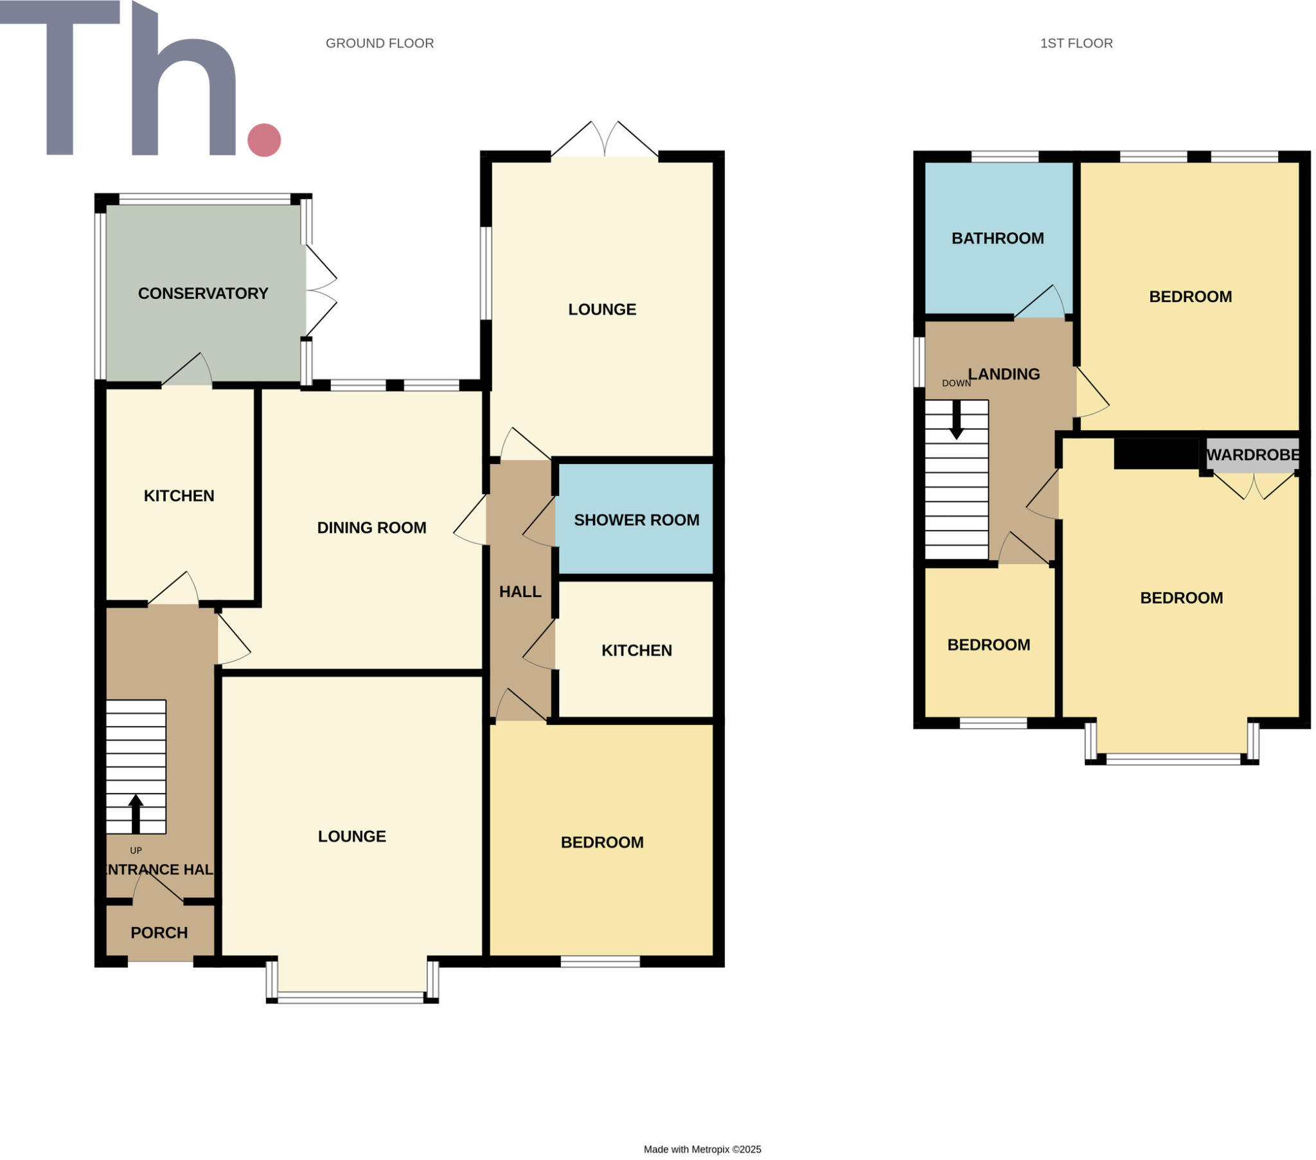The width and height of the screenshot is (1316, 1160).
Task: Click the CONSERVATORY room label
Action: pyautogui.click(x=203, y=294)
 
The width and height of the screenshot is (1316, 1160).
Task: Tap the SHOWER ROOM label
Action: pyautogui.click(x=636, y=520)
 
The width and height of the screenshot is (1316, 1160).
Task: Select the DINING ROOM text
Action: pyautogui.click(x=371, y=528)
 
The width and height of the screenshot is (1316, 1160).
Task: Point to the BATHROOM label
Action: pyautogui.click(x=997, y=238)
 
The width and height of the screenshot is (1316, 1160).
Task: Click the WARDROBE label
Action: pyautogui.click(x=1252, y=455)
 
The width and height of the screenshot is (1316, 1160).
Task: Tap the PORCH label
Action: pyautogui.click(x=159, y=932)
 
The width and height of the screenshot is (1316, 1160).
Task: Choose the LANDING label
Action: pyautogui.click(x=1004, y=374)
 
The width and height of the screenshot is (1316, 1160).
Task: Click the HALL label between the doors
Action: pyautogui.click(x=520, y=591)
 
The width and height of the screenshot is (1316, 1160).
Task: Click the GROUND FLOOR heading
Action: pyautogui.click(x=379, y=43)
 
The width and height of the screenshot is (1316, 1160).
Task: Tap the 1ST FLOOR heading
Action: pyautogui.click(x=1076, y=43)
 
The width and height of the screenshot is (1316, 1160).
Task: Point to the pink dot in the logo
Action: pyautogui.click(x=264, y=139)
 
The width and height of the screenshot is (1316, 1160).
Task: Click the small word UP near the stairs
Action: pyautogui.click(x=135, y=850)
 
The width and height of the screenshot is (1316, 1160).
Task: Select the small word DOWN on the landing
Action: pyautogui.click(x=956, y=383)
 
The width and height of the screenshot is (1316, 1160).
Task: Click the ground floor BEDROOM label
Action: pyautogui.click(x=601, y=843)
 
